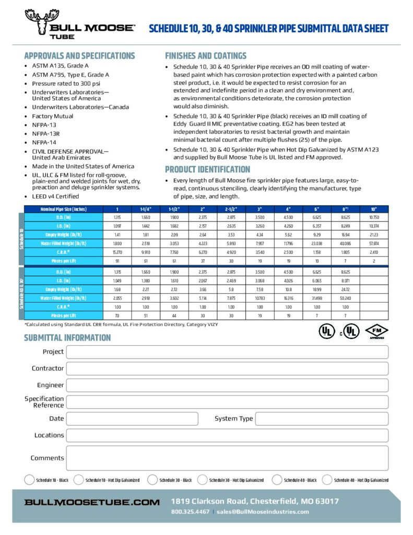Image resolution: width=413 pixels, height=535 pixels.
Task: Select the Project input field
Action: click(227, 352)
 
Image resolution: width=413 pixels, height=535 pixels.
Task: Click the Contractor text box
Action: click(227, 369)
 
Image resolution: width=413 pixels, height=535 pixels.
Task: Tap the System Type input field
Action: click(322, 418)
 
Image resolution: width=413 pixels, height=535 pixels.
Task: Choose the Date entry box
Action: click(132, 418)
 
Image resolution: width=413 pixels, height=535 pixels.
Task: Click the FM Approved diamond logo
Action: click(376, 331)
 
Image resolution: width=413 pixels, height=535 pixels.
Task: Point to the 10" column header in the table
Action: click(374, 209)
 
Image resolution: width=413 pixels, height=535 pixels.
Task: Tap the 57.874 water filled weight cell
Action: click(374, 243)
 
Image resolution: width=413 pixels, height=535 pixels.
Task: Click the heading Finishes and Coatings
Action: click(206, 56)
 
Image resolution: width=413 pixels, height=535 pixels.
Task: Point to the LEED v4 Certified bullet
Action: click(56, 196)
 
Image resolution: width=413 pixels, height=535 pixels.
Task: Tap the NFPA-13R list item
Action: click(46, 134)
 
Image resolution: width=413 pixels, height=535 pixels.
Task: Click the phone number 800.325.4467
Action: click(190, 511)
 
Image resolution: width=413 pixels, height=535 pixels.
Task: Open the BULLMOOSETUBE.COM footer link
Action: click(92, 502)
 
